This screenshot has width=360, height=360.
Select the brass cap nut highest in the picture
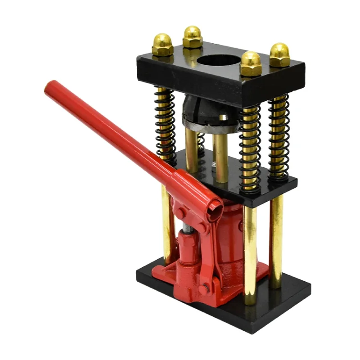pyautogui.click(x=193, y=36)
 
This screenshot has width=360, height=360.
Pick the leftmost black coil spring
pyautogui.click(x=165, y=121)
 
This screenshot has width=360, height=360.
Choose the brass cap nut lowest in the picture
pyautogui.click(x=251, y=64)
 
